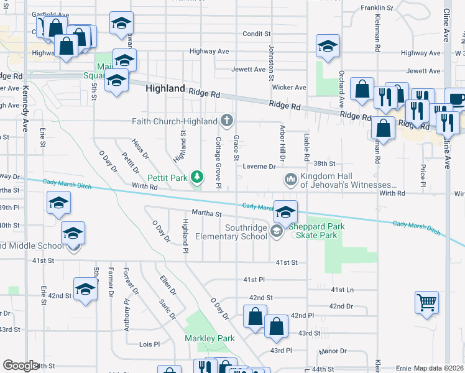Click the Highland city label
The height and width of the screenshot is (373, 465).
[165, 89]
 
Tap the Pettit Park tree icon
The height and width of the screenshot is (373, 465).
[197, 178]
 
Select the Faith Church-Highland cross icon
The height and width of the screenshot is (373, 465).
[228, 120]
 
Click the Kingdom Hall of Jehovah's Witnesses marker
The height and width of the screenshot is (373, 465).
[290, 180]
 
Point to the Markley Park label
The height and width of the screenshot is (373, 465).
[209, 338]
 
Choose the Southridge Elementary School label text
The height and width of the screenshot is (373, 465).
[231, 232]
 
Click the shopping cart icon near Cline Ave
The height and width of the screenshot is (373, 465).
[426, 303]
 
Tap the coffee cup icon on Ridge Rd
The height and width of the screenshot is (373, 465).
[456, 99]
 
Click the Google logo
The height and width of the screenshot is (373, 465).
[21, 366]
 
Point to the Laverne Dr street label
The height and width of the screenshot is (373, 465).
[259, 167]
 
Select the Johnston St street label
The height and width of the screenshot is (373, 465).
[271, 63]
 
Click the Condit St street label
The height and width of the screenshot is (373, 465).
[257, 34]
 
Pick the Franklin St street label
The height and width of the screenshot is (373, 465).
[379, 8]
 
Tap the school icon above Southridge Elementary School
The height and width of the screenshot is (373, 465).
[285, 211]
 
